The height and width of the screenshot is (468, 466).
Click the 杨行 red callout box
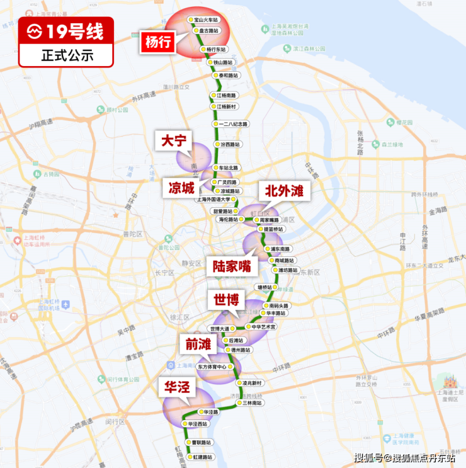[x=157, y=43]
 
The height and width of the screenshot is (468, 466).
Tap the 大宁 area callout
[x=174, y=141]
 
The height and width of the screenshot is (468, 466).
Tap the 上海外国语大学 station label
[x=218, y=199]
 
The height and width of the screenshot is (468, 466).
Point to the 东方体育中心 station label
[x=212, y=366]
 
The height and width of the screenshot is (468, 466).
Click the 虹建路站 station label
[x=203, y=457]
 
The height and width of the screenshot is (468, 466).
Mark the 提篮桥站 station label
[x=273, y=229]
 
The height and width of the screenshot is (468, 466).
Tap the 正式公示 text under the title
[x=67, y=55]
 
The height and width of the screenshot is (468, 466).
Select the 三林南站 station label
[x=253, y=402]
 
